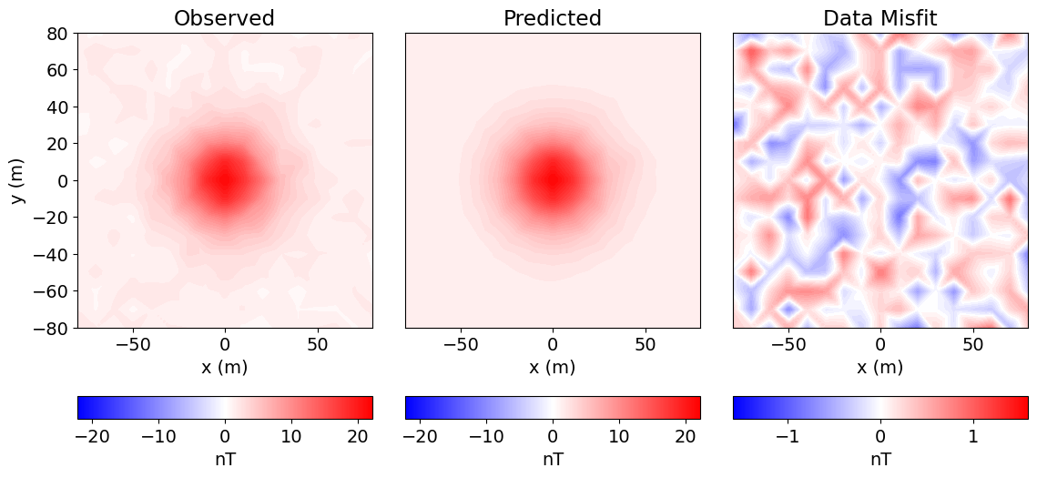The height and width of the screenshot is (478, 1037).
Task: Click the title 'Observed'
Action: (224, 18)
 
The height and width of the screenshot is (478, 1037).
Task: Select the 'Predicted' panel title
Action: (552, 18)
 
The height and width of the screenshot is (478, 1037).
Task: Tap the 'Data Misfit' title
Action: (879, 18)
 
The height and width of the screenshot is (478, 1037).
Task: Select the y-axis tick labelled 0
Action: (63, 180)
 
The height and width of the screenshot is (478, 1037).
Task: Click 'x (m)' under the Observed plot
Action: (224, 367)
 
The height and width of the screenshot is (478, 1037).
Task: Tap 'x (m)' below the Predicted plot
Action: (552, 367)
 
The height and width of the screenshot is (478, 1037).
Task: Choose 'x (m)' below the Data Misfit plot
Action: (879, 367)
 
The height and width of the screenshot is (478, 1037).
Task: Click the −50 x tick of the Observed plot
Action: (133, 346)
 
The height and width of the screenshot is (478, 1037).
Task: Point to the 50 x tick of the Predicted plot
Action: (645, 346)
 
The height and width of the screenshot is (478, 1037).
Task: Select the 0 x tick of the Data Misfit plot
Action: (879, 346)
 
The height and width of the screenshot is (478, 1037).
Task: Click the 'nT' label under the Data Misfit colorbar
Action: (879, 459)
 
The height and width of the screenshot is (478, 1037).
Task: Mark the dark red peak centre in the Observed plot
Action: (224, 179)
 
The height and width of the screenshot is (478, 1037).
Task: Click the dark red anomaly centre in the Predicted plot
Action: (552, 179)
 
